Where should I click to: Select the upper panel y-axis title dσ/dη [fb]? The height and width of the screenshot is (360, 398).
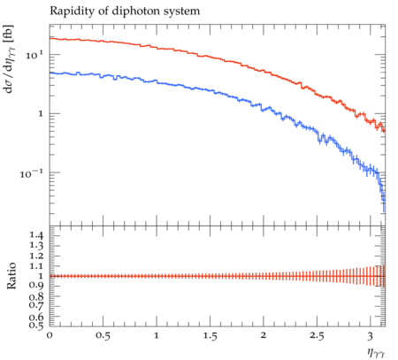(10, 59)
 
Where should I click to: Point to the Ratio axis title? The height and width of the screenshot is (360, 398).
(11, 276)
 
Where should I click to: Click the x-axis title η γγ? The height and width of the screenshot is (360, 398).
(376, 352)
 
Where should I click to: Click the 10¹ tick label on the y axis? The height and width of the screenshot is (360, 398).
(34, 55)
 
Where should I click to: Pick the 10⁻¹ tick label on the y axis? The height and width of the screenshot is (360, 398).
(32, 173)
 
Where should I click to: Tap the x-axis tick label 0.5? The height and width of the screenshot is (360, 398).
(103, 336)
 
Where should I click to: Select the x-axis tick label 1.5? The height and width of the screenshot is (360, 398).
(210, 336)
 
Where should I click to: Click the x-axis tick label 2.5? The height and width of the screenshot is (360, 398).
(317, 336)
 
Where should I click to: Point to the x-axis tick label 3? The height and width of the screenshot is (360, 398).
(370, 336)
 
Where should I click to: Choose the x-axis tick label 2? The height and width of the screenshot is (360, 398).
(264, 335)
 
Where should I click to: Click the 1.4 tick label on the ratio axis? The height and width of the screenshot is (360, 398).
(36, 235)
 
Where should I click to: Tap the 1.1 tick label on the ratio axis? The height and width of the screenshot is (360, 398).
(36, 266)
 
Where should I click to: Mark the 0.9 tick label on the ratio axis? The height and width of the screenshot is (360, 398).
(36, 286)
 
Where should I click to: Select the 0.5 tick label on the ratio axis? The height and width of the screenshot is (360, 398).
(36, 325)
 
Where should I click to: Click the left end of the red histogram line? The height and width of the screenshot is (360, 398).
(50, 38)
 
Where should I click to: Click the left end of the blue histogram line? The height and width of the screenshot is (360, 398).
(50, 73)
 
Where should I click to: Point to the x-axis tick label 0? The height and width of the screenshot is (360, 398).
(50, 336)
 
